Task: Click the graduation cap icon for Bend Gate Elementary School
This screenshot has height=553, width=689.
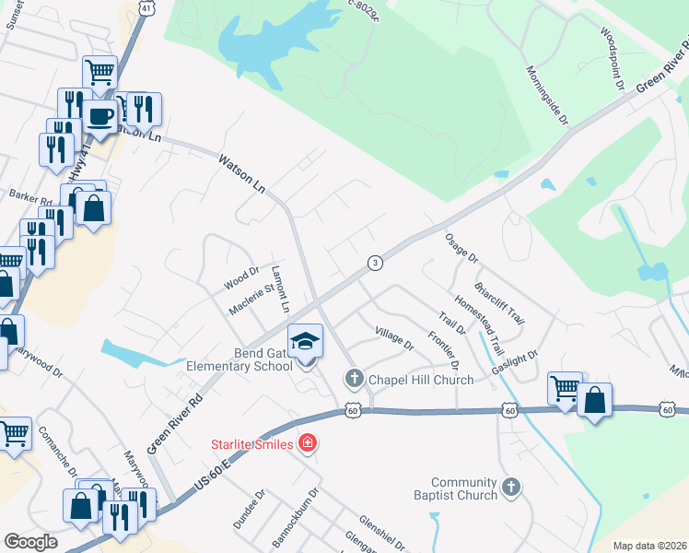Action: point(306,341)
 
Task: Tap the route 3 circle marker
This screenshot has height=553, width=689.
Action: point(375,263)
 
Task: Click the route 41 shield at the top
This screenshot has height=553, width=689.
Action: point(146,7)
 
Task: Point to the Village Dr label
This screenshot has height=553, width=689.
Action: point(394,337)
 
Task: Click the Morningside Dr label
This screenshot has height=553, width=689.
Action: point(548,95)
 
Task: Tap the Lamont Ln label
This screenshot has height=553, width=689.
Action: point(280,289)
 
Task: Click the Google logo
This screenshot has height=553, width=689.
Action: point(31,542)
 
